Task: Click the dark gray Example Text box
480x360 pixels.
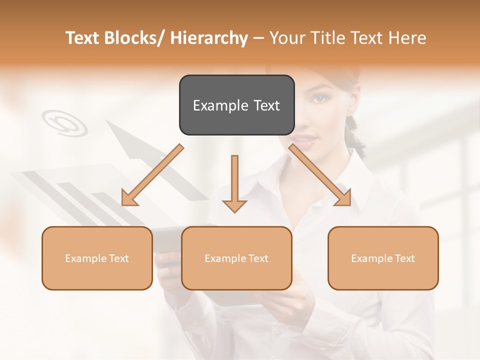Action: pos(236,105)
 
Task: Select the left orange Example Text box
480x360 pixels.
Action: pos(97,258)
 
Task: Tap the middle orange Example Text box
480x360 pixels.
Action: pos(236,258)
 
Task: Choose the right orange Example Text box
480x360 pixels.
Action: pos(383,258)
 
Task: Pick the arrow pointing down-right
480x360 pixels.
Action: pos(320,175)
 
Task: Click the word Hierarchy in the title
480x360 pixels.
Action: pos(209,38)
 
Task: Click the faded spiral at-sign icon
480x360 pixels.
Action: pos(64,122)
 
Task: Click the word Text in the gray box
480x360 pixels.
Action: pos(265,105)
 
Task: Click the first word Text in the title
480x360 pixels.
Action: pos(82,38)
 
